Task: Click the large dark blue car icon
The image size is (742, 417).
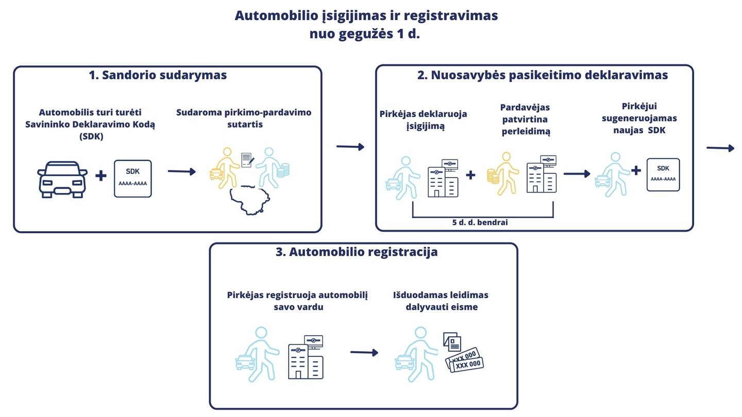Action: [62, 179]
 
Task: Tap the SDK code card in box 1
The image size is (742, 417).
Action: [133, 179]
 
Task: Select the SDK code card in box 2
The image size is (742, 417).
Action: [663, 175]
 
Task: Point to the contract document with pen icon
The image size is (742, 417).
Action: [248, 160]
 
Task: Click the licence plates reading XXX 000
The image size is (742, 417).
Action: [464, 360]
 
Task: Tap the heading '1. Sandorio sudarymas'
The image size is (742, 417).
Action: [158, 75]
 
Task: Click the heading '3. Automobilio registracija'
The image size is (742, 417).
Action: [357, 252]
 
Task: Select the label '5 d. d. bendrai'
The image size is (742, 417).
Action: [480, 222]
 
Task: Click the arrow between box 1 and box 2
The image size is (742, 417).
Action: [350, 147]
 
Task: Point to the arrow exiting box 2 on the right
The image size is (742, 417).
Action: [720, 148]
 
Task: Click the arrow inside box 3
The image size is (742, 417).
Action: [364, 353]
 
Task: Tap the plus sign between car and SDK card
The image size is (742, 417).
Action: [101, 176]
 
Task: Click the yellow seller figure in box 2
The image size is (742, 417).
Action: [503, 173]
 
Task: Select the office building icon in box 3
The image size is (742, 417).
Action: [306, 357]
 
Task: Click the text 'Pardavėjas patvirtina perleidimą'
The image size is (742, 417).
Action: [526, 119]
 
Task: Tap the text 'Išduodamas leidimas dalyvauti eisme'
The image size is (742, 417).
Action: [441, 301]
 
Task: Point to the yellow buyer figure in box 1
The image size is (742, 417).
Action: [224, 168]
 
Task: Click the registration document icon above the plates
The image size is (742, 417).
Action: [452, 342]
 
